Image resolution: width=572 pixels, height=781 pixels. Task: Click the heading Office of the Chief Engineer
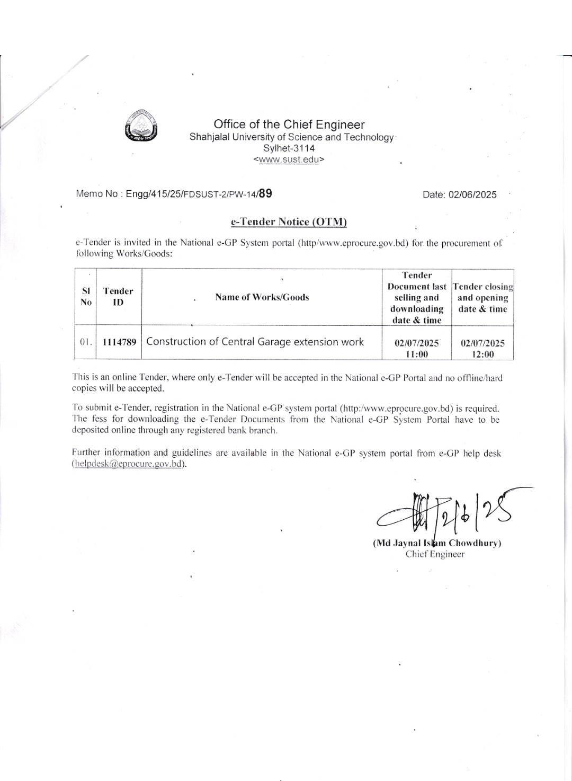point(289,125)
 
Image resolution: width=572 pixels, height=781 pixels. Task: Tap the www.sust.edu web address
point(289,159)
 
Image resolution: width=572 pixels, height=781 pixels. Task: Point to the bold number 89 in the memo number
point(265,193)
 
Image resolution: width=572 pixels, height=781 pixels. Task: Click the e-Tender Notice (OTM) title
point(289,221)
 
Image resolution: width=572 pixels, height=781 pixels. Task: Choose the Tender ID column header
point(118,297)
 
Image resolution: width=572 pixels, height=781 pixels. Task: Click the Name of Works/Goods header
point(262,297)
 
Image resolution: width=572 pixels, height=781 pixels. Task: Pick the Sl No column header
point(86,297)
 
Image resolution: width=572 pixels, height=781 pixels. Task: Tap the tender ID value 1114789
point(119,342)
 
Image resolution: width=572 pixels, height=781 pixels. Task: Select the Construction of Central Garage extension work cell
point(255,342)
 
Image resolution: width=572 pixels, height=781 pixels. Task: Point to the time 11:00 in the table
point(416,354)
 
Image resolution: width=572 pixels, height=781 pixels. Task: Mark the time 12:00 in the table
point(482,354)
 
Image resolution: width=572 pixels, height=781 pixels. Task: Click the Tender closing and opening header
point(482,298)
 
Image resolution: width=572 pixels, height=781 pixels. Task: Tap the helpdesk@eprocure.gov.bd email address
point(129,464)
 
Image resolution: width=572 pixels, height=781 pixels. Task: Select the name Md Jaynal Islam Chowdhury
point(437,543)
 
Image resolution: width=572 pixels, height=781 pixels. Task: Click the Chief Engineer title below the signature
point(435,554)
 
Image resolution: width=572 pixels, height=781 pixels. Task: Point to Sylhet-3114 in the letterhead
point(289,148)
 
